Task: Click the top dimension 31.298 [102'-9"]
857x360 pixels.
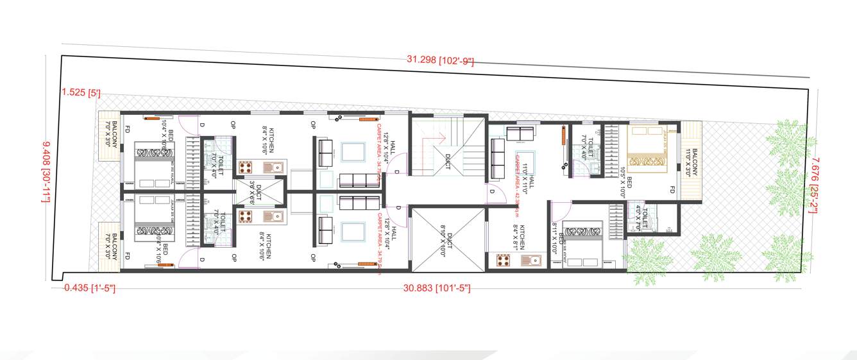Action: point(440,60)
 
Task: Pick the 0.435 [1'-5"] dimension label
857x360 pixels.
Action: point(89,288)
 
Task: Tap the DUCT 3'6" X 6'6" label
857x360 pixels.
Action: point(255,192)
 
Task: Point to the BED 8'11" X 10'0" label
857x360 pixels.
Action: point(557,238)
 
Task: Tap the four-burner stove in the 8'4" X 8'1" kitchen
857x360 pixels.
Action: point(503,260)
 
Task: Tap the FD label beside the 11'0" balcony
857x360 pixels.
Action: point(672,190)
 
